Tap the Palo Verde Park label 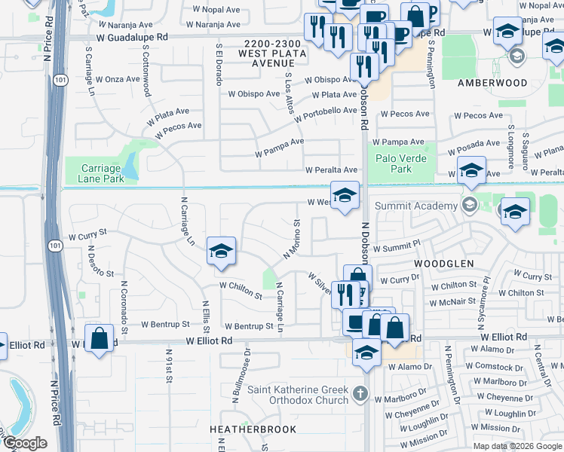(x=402, y=163)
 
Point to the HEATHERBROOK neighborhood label (x=253, y=429)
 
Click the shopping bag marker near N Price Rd (x=99, y=338)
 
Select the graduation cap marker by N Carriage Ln (x=221, y=252)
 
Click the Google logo (x=24, y=443)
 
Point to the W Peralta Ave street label (x=331, y=170)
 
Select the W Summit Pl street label (x=395, y=246)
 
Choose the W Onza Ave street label (x=117, y=79)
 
